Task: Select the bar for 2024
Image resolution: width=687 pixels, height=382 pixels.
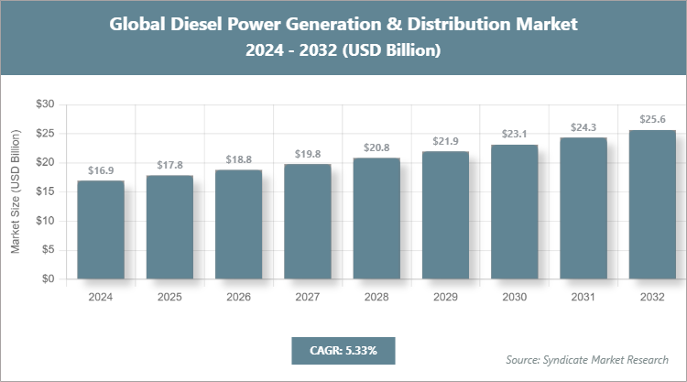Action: coord(101,230)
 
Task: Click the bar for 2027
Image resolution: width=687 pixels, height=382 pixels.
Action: coord(308,222)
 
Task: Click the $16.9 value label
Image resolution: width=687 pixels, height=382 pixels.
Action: coord(101,170)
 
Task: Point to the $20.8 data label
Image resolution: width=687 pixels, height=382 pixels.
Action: coord(376,147)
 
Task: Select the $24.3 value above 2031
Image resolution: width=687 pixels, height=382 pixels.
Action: coord(583,127)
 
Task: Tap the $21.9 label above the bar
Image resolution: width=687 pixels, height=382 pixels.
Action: coord(446,141)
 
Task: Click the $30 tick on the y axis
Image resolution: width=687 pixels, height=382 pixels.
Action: coord(45,104)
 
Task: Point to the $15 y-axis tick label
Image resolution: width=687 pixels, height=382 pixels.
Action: coord(45,191)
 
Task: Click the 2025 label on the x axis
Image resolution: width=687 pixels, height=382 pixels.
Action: coord(169,297)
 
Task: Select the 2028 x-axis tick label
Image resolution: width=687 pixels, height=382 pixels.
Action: coord(376,297)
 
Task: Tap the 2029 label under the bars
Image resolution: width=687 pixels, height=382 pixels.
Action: coord(446,297)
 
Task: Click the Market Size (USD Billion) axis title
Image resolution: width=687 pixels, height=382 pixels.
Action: coord(16,191)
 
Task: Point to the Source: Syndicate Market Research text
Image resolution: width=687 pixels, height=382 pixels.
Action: coord(587,359)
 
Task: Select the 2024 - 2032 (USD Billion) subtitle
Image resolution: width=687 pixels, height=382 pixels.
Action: coord(343,51)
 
